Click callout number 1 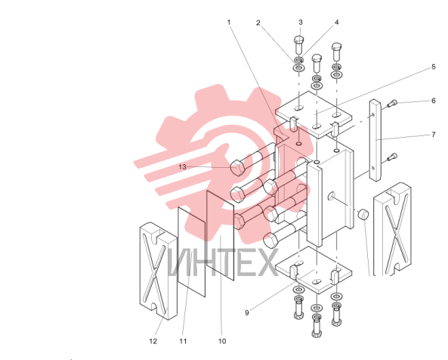pos(229,22)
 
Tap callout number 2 pos(258,23)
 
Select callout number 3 pos(301,22)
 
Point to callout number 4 pos(337,22)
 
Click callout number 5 pos(434,67)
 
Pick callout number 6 pos(434,101)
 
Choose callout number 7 pos(434,135)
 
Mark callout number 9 pos(247,313)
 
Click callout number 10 pos(222,341)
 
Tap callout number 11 pos(183,341)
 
